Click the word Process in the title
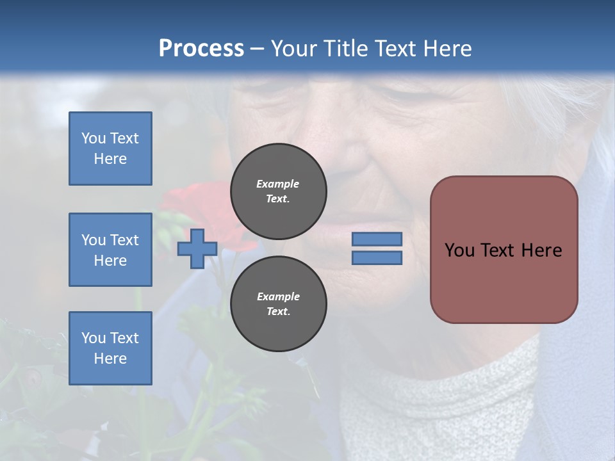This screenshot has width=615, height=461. [201, 49]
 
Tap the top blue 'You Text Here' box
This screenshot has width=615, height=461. [110, 149]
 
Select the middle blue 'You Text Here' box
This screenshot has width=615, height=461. [110, 250]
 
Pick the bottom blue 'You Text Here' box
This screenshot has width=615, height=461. [110, 348]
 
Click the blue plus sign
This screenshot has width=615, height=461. [197, 248]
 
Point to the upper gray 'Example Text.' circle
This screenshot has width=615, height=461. [278, 191]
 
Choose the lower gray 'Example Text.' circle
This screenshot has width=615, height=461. [278, 304]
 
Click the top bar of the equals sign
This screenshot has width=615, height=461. [377, 239]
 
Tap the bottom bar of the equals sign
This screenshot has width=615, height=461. [377, 258]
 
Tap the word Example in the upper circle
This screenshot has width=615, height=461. [278, 184]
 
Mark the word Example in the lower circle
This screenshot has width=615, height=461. [278, 297]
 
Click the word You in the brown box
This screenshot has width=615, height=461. [459, 250]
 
